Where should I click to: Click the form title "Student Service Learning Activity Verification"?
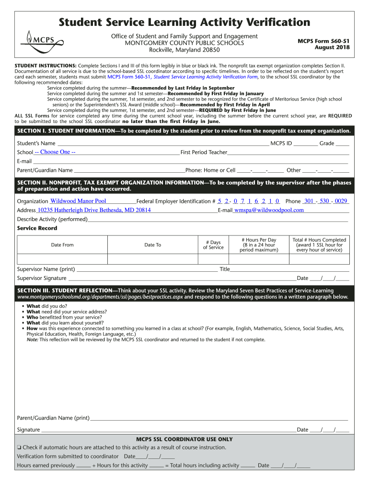tap(184, 22)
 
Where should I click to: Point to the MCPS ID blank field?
tap(305, 143)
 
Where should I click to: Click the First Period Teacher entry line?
tap(288, 152)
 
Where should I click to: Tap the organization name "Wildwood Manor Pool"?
tap(78, 201)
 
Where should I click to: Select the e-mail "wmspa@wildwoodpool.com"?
tap(269, 210)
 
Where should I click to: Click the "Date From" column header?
tap(62, 245)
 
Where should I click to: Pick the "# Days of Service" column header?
tap(213, 245)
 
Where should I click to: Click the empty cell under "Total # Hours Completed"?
tap(320, 259)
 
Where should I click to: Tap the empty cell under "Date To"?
tap(152, 259)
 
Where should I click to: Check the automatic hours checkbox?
tap(19, 448)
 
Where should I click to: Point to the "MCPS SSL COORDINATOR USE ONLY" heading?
tap(184, 439)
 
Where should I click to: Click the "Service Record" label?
tap(37, 228)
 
